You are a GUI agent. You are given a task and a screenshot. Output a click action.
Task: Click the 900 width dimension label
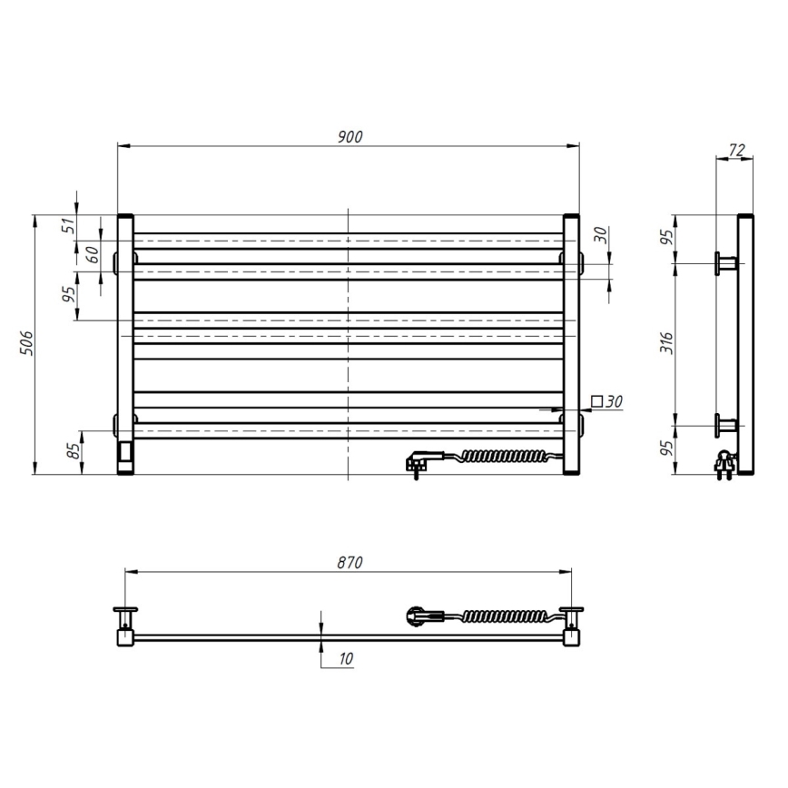pyautogui.click(x=350, y=136)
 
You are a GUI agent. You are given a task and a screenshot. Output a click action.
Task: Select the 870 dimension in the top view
pyautogui.click(x=350, y=563)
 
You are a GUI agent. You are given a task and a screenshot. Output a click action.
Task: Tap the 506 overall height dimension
pyautogui.click(x=27, y=344)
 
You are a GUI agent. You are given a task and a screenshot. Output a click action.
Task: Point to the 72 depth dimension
pyautogui.click(x=736, y=150)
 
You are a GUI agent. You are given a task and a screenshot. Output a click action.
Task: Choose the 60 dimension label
pyautogui.click(x=92, y=254)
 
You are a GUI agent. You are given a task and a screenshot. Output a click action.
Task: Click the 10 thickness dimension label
pyautogui.click(x=346, y=659)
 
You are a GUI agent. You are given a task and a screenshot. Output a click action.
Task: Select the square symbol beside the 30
pyautogui.click(x=596, y=400)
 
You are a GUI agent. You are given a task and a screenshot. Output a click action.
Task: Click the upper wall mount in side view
pyautogui.click(x=727, y=263)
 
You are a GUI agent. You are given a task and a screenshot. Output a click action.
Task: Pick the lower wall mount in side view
pyautogui.click(x=727, y=424)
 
